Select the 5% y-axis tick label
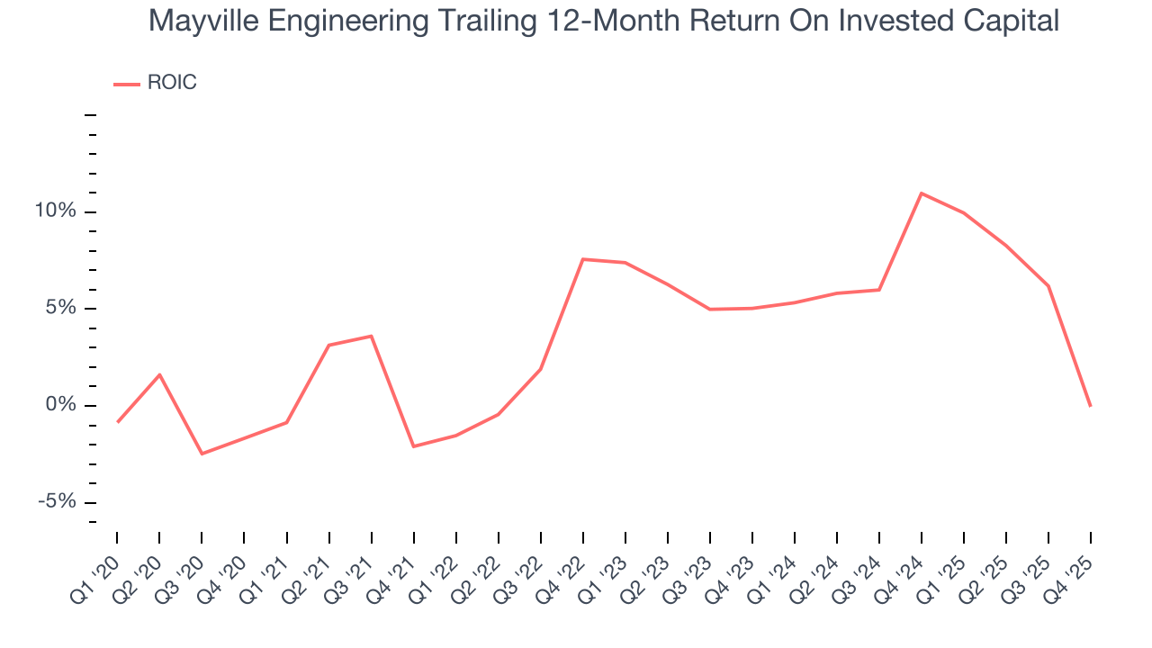[x=64, y=309]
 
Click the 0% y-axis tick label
[x=64, y=405]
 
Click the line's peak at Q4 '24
[x=922, y=193]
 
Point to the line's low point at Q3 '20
[x=202, y=454]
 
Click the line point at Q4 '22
[x=583, y=259]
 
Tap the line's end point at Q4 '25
[x=1090, y=406]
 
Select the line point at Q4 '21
[x=413, y=446]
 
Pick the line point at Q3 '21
[x=371, y=336]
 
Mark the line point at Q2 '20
[x=159, y=374]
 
